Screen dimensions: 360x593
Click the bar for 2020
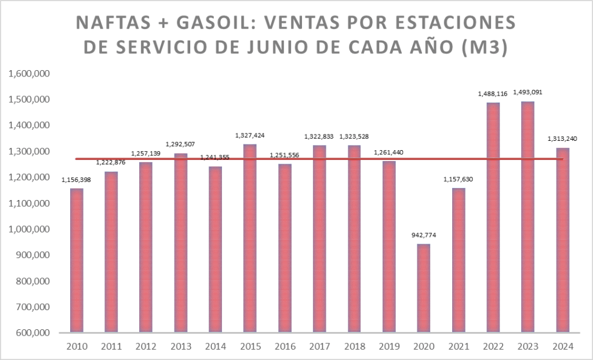tap(424, 288)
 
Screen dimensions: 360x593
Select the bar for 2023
tap(527, 217)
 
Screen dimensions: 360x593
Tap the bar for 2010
tap(77, 260)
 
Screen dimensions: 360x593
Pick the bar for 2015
tap(250, 238)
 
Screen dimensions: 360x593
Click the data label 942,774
tap(424, 235)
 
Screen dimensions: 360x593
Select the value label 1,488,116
tap(493, 94)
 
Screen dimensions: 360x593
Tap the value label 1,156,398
tap(77, 180)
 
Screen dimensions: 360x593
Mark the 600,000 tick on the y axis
tap(32, 333)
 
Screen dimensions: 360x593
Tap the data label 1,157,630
tap(458, 179)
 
